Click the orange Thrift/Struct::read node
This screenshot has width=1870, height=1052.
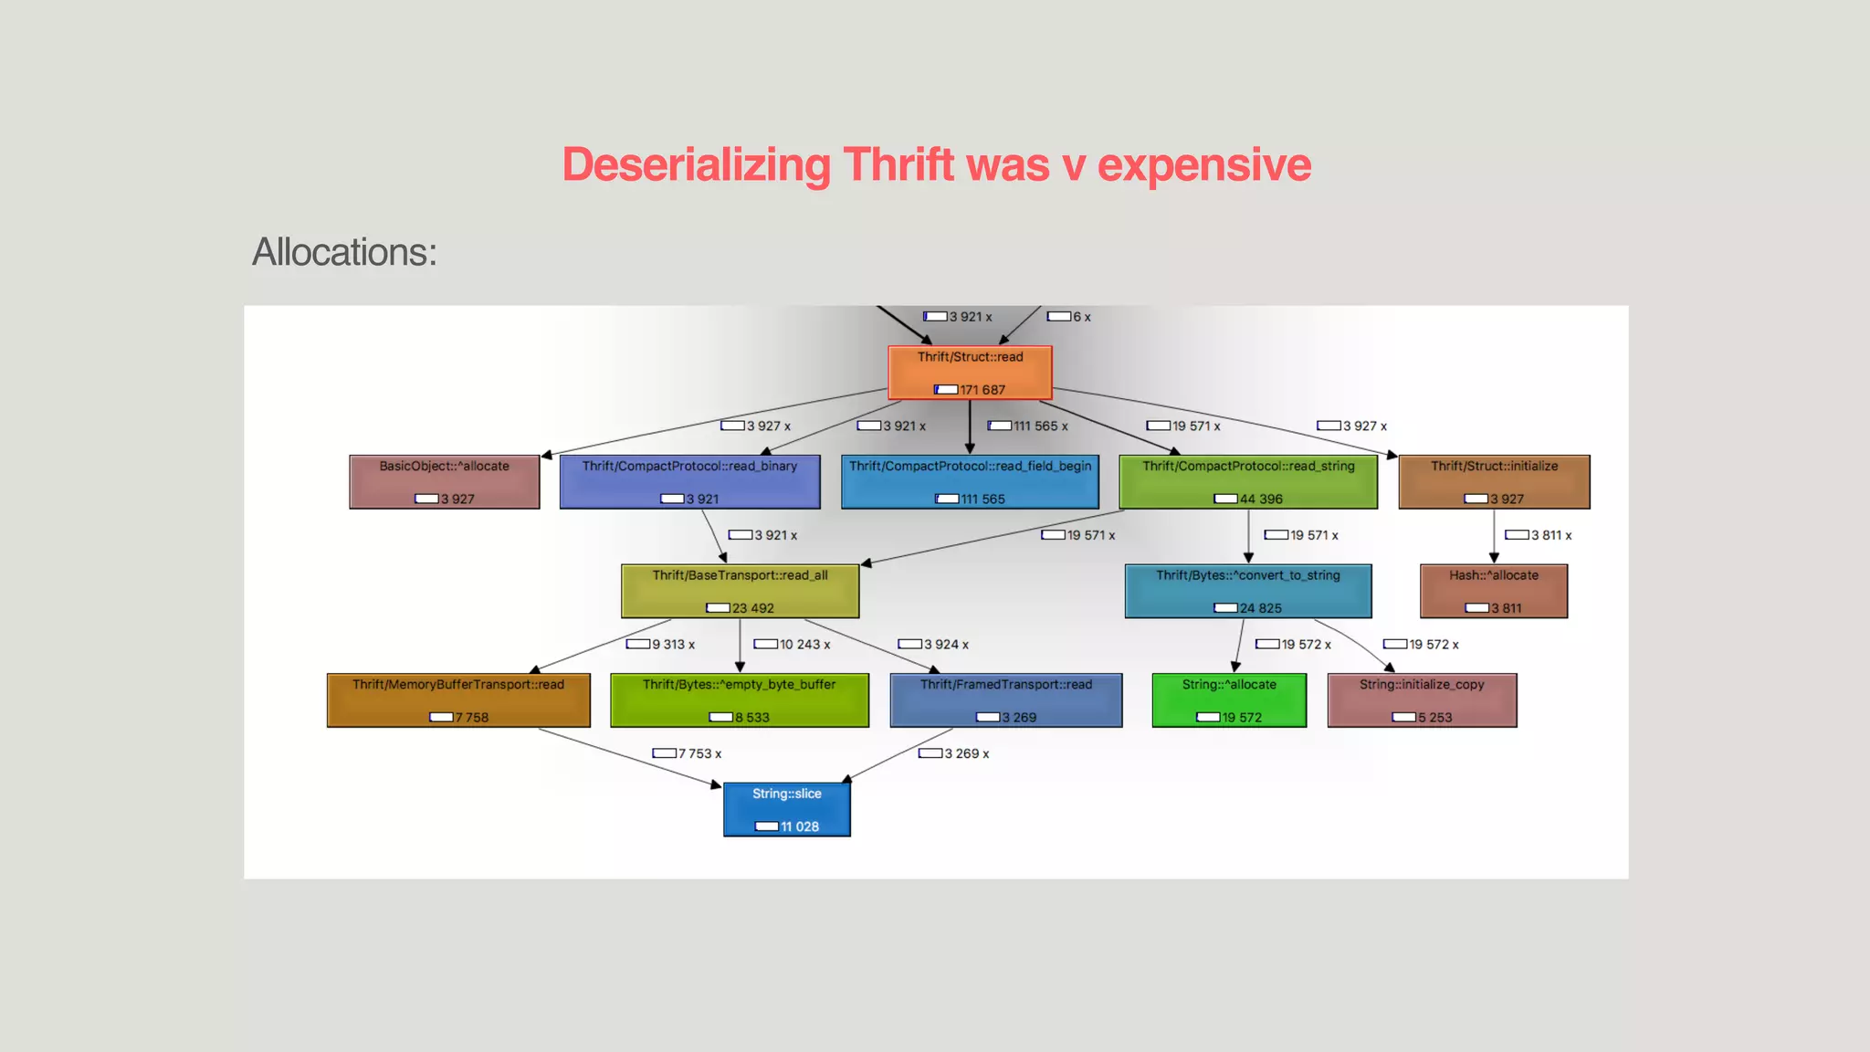pos(970,373)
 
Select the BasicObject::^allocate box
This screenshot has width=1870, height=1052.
pos(445,482)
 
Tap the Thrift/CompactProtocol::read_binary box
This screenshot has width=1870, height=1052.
pos(689,482)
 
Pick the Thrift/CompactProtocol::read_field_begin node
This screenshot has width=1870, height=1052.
pos(970,482)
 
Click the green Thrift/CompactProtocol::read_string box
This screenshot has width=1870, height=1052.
pos(1248,482)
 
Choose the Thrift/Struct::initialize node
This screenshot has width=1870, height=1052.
pos(1494,482)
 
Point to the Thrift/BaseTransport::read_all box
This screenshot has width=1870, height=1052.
pos(740,591)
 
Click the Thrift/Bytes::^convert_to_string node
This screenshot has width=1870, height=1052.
pos(1248,591)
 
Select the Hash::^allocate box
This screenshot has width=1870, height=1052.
pos(1494,591)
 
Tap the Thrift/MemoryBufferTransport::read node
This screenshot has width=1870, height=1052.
pos(458,700)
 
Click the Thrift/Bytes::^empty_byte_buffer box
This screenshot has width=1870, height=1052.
pos(740,700)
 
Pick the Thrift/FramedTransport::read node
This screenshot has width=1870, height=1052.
pos(1006,700)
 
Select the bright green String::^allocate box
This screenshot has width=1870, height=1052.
pos(1229,700)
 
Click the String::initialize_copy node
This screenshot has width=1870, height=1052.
pos(1422,700)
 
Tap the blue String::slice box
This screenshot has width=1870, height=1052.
pos(787,810)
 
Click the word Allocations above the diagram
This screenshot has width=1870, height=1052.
pos(344,253)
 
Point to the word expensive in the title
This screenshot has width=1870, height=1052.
pos(1203,165)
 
